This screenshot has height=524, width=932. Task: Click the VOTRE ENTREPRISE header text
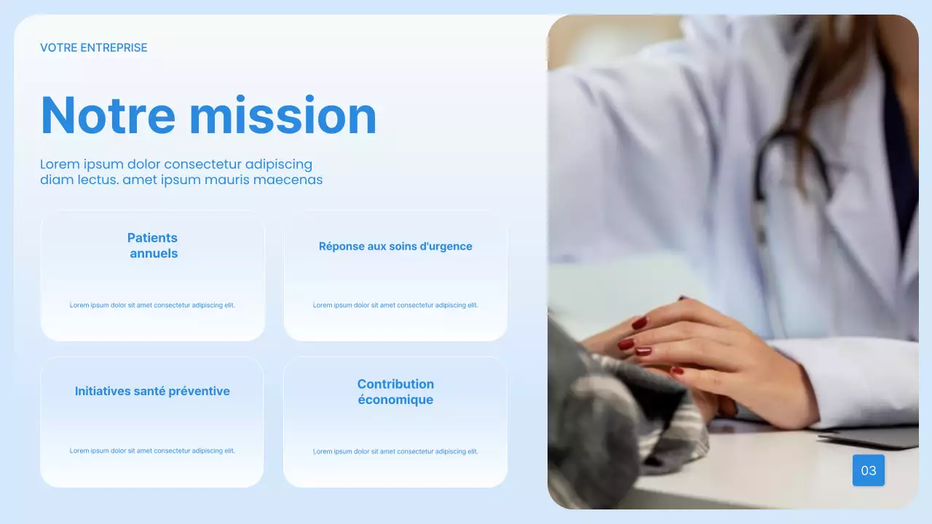click(94, 48)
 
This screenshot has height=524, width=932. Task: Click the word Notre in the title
click(108, 116)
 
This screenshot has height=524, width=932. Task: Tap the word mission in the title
click(283, 116)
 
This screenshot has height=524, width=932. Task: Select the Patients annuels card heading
click(153, 245)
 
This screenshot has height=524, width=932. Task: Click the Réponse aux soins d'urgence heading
click(395, 247)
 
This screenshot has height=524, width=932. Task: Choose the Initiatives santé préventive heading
click(152, 392)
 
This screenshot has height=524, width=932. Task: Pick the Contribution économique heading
click(395, 392)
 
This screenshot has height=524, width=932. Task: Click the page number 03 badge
click(868, 471)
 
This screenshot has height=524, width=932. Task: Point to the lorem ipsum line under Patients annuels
click(152, 306)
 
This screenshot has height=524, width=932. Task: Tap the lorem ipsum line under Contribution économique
click(395, 451)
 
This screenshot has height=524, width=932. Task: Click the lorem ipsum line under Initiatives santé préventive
click(152, 451)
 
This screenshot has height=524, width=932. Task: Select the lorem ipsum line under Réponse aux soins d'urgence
click(395, 306)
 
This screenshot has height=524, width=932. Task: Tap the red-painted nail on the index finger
click(639, 322)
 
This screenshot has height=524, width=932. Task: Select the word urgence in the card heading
click(451, 247)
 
